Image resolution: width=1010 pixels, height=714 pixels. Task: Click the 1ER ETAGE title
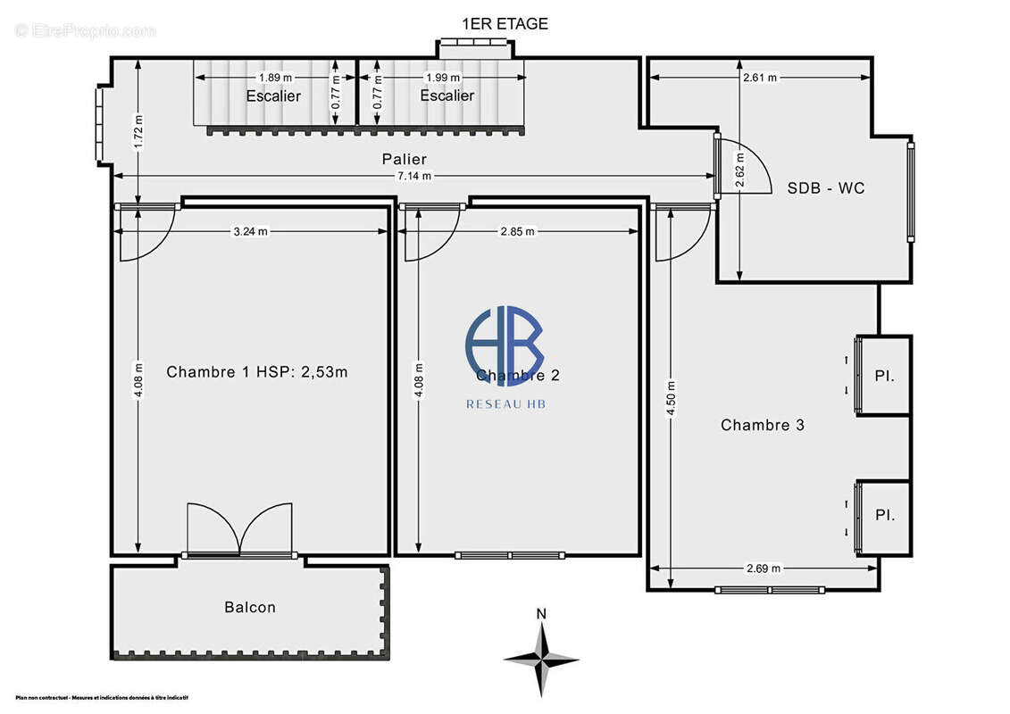pos(505,24)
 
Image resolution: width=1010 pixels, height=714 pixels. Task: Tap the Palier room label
pos(405,159)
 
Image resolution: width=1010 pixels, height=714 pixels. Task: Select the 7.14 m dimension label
pos(414,176)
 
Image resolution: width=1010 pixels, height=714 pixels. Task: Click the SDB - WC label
pos(825,188)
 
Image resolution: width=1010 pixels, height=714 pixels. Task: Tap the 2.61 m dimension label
pos(759,77)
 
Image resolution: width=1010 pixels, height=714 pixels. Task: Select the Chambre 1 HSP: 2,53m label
pos(257,372)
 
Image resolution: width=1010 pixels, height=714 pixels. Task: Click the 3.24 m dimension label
pos(250,231)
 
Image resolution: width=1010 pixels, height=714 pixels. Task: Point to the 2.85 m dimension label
pos(518,231)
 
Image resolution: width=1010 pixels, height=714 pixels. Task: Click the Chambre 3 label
pos(763,425)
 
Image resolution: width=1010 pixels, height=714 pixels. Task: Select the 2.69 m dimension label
pos(763,568)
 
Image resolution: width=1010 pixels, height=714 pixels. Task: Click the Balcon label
pos(250,607)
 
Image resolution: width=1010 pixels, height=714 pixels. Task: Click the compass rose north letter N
pos(540,613)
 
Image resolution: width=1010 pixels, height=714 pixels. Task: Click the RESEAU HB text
pos(505,404)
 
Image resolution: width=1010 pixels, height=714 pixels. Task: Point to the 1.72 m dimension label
pos(138,131)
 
